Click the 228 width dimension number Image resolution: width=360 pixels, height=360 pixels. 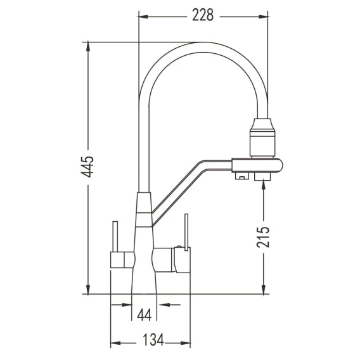(203, 15)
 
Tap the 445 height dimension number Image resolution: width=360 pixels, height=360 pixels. (88, 167)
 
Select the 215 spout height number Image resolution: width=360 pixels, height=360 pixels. (263, 237)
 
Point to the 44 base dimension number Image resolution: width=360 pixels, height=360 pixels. (145, 314)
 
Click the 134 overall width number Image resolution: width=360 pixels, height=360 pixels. (153, 340)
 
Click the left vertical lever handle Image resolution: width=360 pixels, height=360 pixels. (115, 236)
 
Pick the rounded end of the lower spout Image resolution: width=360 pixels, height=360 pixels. (279, 165)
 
